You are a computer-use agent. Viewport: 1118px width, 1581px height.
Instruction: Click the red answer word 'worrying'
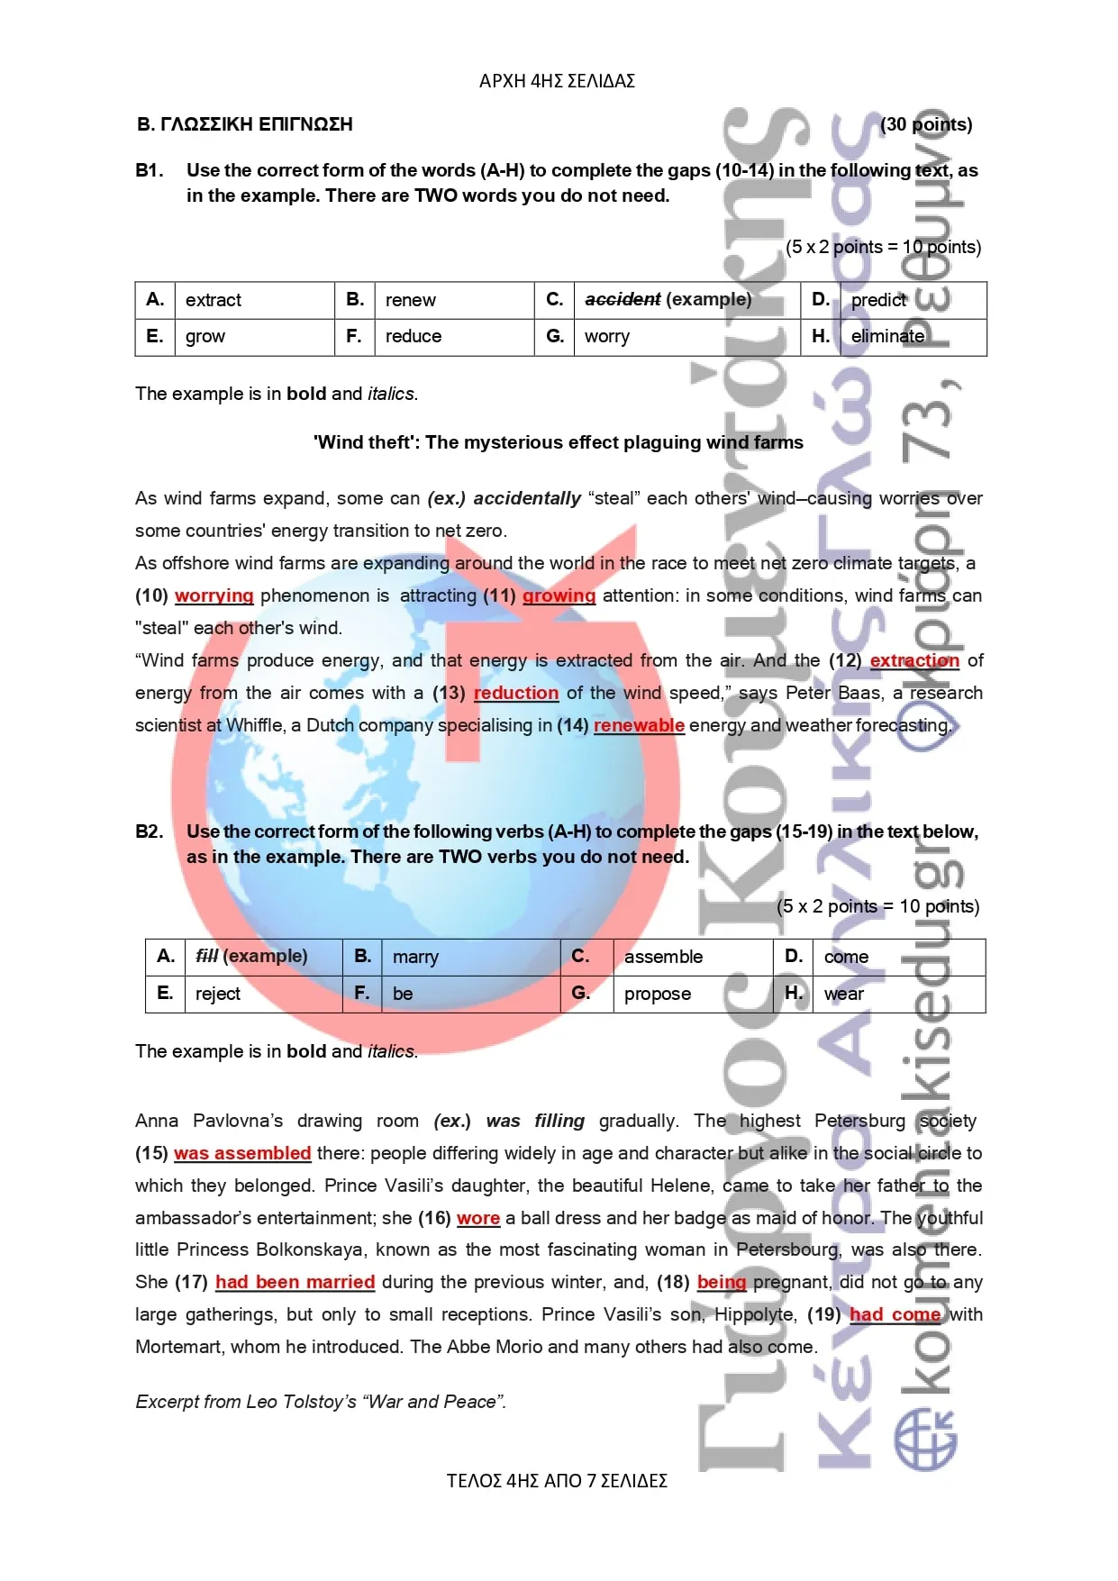[214, 595]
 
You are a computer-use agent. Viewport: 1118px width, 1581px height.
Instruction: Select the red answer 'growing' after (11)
[559, 595]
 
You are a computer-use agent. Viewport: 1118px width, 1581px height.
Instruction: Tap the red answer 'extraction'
[913, 660]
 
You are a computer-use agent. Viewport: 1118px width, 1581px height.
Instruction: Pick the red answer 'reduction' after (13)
[516, 693]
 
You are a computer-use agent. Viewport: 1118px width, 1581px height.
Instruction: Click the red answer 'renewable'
[639, 725]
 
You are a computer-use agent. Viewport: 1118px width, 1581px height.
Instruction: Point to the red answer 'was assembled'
[242, 1153]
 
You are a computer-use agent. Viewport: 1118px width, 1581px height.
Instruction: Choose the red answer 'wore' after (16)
[478, 1218]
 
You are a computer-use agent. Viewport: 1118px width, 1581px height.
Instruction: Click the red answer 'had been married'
[295, 1282]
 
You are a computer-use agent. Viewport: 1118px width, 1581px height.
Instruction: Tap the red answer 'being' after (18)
[722, 1282]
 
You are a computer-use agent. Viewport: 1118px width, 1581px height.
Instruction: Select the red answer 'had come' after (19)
[895, 1314]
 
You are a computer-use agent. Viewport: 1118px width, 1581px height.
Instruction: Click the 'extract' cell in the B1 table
[214, 300]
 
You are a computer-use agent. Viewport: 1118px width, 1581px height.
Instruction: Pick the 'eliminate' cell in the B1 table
[887, 336]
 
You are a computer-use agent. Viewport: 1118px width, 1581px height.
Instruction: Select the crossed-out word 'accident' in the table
[623, 299]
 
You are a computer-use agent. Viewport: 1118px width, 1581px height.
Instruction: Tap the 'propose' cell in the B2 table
[658, 994]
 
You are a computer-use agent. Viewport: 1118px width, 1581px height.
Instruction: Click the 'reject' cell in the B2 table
[218, 994]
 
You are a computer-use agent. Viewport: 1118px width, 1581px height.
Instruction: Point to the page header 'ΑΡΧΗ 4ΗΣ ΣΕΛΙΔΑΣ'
[557, 81]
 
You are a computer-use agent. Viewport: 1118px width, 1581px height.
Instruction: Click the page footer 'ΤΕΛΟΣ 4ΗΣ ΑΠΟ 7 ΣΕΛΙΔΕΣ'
[557, 1481]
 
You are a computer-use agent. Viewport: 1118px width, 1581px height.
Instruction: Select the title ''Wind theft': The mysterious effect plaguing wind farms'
[559, 442]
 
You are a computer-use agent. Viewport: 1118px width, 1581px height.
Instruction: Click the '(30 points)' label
[926, 124]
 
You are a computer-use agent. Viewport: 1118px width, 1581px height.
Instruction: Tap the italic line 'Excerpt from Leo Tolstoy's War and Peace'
[321, 1402]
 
